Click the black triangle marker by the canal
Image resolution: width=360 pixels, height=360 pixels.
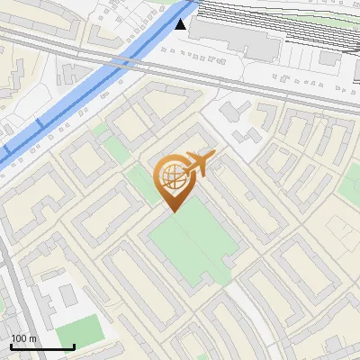point(183,24)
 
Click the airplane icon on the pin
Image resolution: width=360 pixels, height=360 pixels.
point(199,165)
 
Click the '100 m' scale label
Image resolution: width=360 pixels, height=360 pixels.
point(24,338)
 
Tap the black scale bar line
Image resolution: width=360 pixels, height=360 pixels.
point(42,346)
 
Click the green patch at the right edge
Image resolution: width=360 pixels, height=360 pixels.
point(351,184)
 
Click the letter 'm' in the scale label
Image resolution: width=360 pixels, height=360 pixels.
point(34,338)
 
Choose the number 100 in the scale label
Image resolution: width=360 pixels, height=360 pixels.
point(19,338)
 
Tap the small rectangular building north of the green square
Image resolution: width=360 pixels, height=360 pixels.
point(65,295)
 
